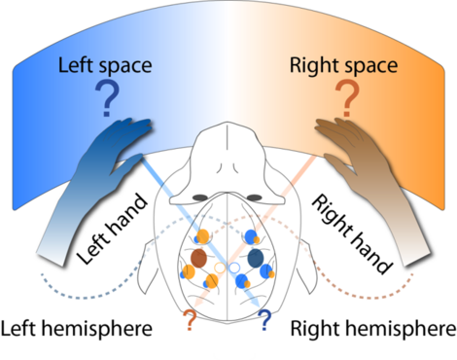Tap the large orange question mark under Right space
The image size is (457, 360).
[347, 99]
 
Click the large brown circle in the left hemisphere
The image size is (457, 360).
[199, 259]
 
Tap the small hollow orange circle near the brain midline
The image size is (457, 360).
[220, 266]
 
